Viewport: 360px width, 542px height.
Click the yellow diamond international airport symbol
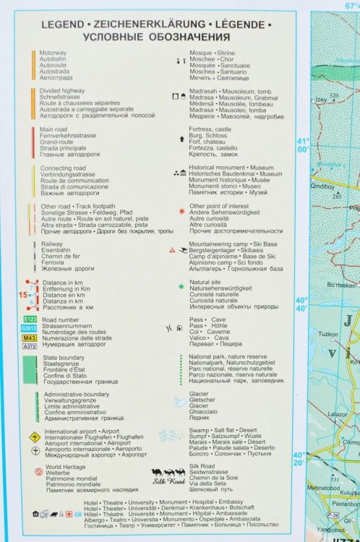pyautogui.click(x=32, y=437)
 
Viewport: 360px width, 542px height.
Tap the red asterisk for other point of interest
pyautogui.click(x=181, y=212)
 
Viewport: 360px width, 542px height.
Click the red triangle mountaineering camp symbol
pyautogui.click(x=171, y=249)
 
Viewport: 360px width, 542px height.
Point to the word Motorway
pyautogui.click(x=52, y=53)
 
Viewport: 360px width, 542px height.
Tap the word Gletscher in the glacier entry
pyautogui.click(x=202, y=400)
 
